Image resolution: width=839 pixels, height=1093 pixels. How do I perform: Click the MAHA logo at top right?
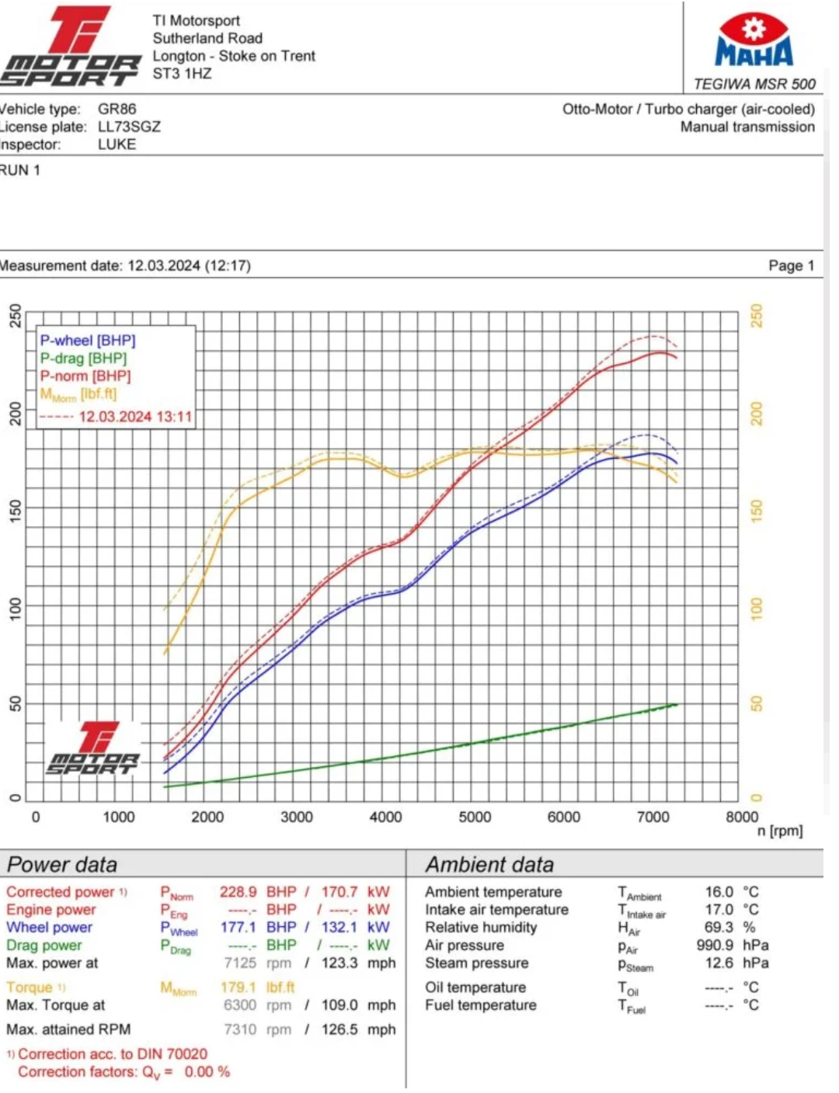[754, 40]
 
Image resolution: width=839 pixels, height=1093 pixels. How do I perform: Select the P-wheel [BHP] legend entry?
[88, 340]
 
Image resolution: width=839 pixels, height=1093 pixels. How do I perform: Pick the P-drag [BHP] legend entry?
[83, 358]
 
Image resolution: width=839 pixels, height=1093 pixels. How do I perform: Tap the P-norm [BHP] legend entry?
[85, 376]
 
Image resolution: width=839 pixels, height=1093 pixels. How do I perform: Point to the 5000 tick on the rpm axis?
[475, 817]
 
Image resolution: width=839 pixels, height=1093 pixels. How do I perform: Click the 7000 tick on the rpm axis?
[653, 817]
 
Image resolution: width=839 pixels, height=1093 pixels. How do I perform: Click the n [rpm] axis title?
[780, 831]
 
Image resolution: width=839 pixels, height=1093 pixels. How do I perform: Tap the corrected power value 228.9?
[238, 892]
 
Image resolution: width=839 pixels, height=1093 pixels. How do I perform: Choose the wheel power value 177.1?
[238, 927]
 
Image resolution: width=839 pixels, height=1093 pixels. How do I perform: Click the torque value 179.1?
[238, 987]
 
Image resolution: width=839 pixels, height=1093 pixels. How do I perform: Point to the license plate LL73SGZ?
[129, 127]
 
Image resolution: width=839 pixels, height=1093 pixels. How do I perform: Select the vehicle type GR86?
[117, 109]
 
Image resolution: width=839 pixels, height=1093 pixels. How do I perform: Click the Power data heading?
[62, 865]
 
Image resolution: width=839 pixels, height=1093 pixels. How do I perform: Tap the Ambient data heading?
[489, 865]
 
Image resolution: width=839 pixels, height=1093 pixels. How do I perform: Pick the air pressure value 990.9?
[715, 945]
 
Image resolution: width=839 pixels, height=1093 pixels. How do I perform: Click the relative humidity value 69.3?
[719, 927]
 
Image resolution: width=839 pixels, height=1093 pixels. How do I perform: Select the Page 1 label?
[791, 265]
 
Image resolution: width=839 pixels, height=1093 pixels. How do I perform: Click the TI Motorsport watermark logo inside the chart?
[93, 748]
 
